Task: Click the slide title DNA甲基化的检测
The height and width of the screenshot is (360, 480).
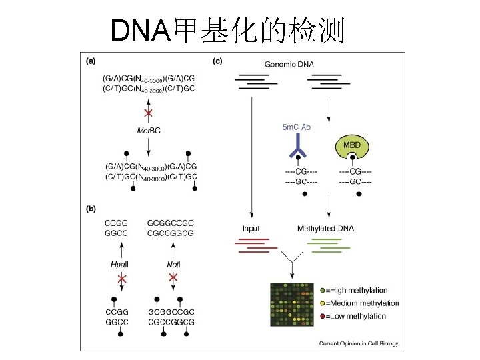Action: (x=227, y=29)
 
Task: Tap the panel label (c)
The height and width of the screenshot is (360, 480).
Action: (x=217, y=61)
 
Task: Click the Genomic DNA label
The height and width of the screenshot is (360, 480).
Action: (x=289, y=64)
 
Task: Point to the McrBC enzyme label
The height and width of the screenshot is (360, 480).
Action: (x=148, y=131)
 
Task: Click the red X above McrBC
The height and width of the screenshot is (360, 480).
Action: (x=148, y=112)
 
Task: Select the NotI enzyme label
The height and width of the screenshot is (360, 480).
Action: (x=173, y=265)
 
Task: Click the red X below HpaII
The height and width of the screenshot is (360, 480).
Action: (x=121, y=277)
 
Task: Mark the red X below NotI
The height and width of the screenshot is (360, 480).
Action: (x=173, y=277)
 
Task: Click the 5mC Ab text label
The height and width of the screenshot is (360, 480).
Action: (x=297, y=127)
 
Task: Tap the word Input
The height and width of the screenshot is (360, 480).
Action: (x=251, y=229)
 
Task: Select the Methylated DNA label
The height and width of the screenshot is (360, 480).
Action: (x=325, y=229)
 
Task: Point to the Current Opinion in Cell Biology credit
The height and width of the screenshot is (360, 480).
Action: (x=357, y=344)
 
